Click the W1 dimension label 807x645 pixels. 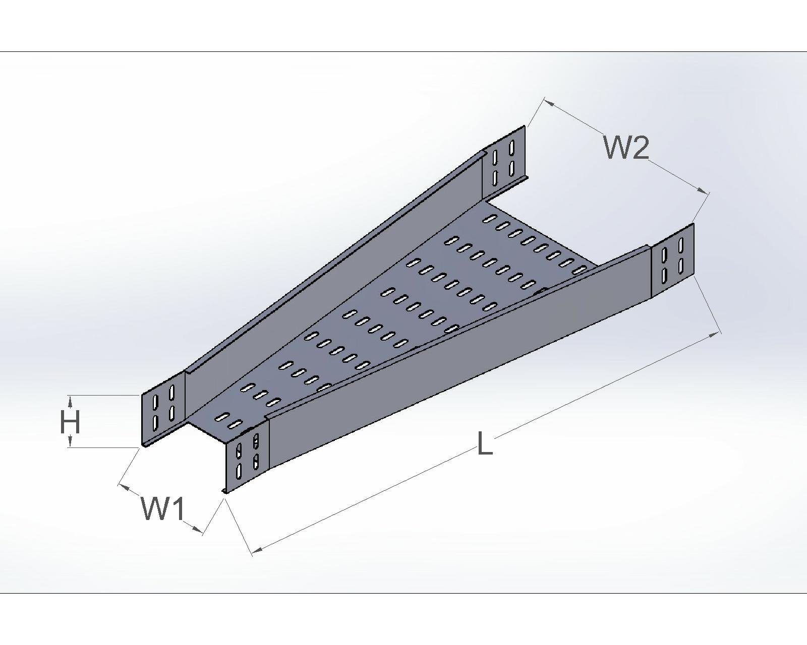(x=163, y=509)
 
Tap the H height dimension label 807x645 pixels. (x=70, y=422)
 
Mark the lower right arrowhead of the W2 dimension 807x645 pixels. (x=703, y=190)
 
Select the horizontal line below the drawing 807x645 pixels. (x=403, y=593)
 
